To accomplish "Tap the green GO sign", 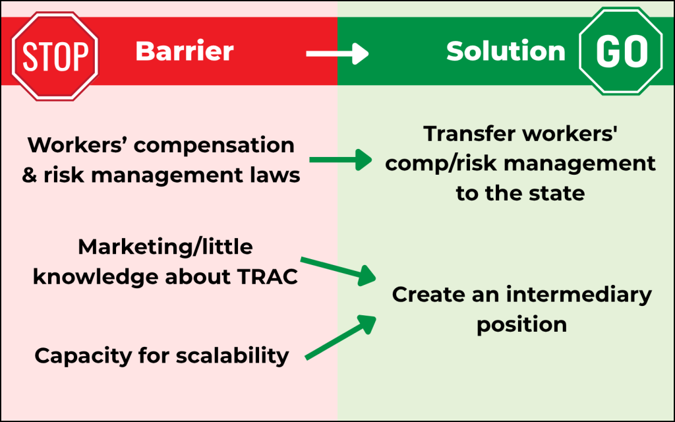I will click(x=621, y=52).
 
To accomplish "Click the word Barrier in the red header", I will click(x=185, y=51).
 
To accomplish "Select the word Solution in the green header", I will click(x=506, y=51).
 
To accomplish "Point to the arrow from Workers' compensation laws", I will click(x=341, y=159).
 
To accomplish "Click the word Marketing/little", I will click(x=165, y=248).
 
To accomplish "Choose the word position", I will click(x=521, y=325).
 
